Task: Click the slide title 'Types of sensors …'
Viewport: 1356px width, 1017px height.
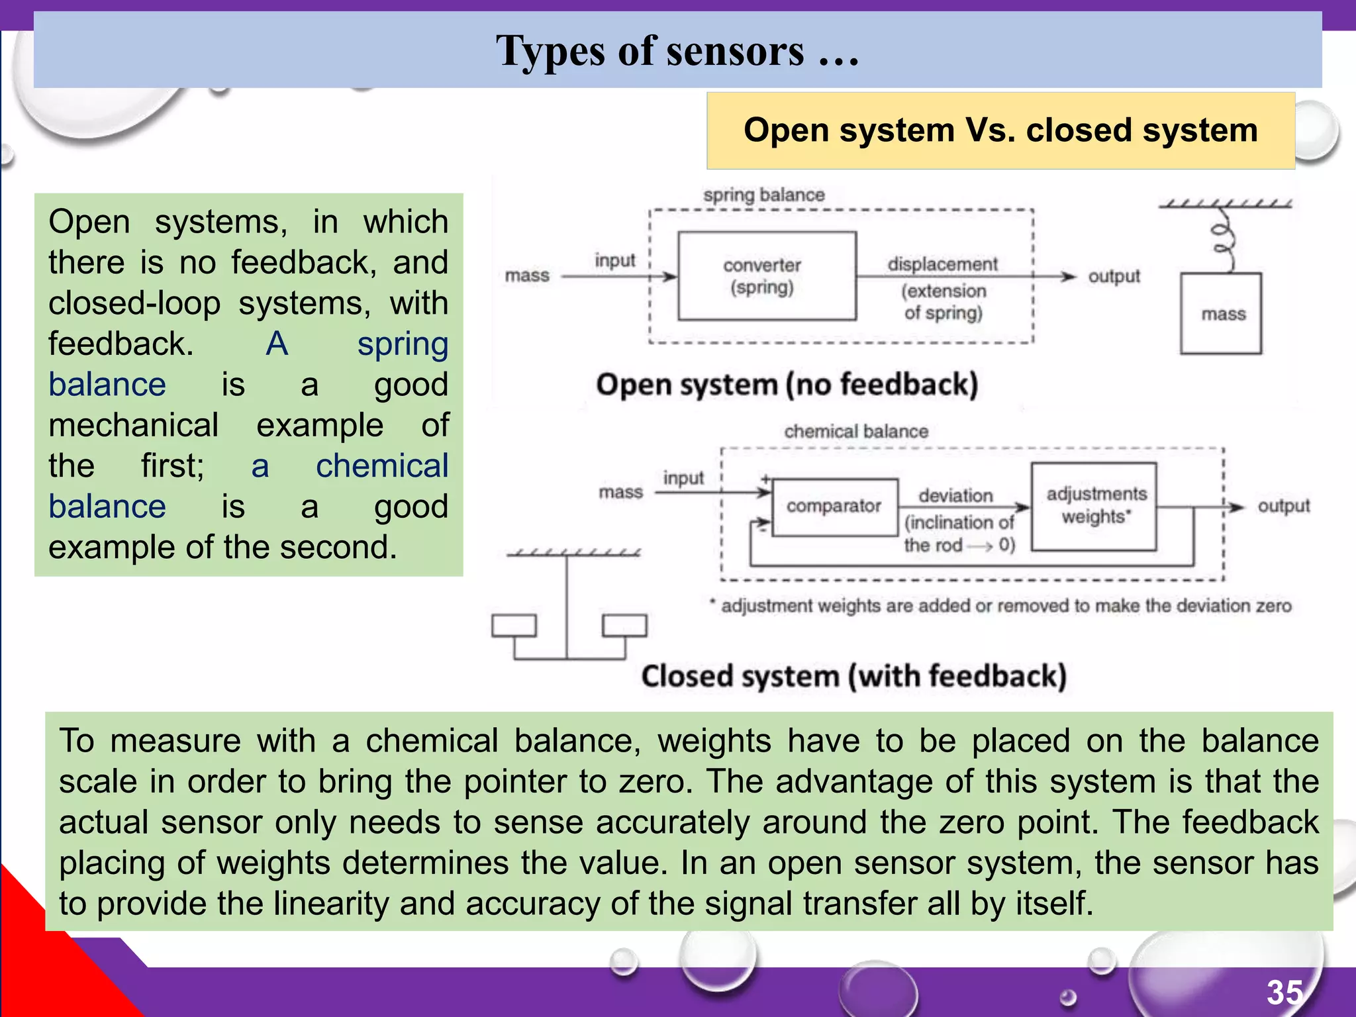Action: (x=677, y=51)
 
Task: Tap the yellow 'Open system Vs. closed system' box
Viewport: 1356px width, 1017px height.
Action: (x=1000, y=130)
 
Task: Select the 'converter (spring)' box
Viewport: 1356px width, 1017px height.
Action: (x=767, y=276)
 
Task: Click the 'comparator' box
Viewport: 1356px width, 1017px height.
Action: (x=834, y=507)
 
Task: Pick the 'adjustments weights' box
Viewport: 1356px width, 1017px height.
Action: (x=1094, y=506)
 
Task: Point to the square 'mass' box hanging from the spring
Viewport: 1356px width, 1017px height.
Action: (x=1221, y=314)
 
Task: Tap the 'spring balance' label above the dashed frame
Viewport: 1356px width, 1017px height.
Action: (x=763, y=195)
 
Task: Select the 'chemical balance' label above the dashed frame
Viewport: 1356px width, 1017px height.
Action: (x=855, y=432)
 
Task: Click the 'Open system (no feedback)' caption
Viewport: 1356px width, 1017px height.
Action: (x=787, y=385)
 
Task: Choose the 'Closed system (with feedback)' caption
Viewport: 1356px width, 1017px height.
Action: (x=853, y=677)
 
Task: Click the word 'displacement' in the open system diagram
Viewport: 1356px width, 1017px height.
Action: (x=942, y=264)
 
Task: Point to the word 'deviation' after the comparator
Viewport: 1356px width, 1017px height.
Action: (x=955, y=495)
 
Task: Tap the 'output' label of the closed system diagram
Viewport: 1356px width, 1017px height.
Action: (x=1283, y=506)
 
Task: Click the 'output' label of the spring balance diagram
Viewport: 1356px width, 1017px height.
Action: (x=1114, y=276)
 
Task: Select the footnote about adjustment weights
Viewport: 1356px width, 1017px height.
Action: (x=1001, y=606)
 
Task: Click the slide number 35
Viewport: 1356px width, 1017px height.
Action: (x=1284, y=992)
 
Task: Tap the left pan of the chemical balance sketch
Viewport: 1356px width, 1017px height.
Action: (x=514, y=625)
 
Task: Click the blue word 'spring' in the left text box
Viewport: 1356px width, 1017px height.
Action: (x=403, y=344)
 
